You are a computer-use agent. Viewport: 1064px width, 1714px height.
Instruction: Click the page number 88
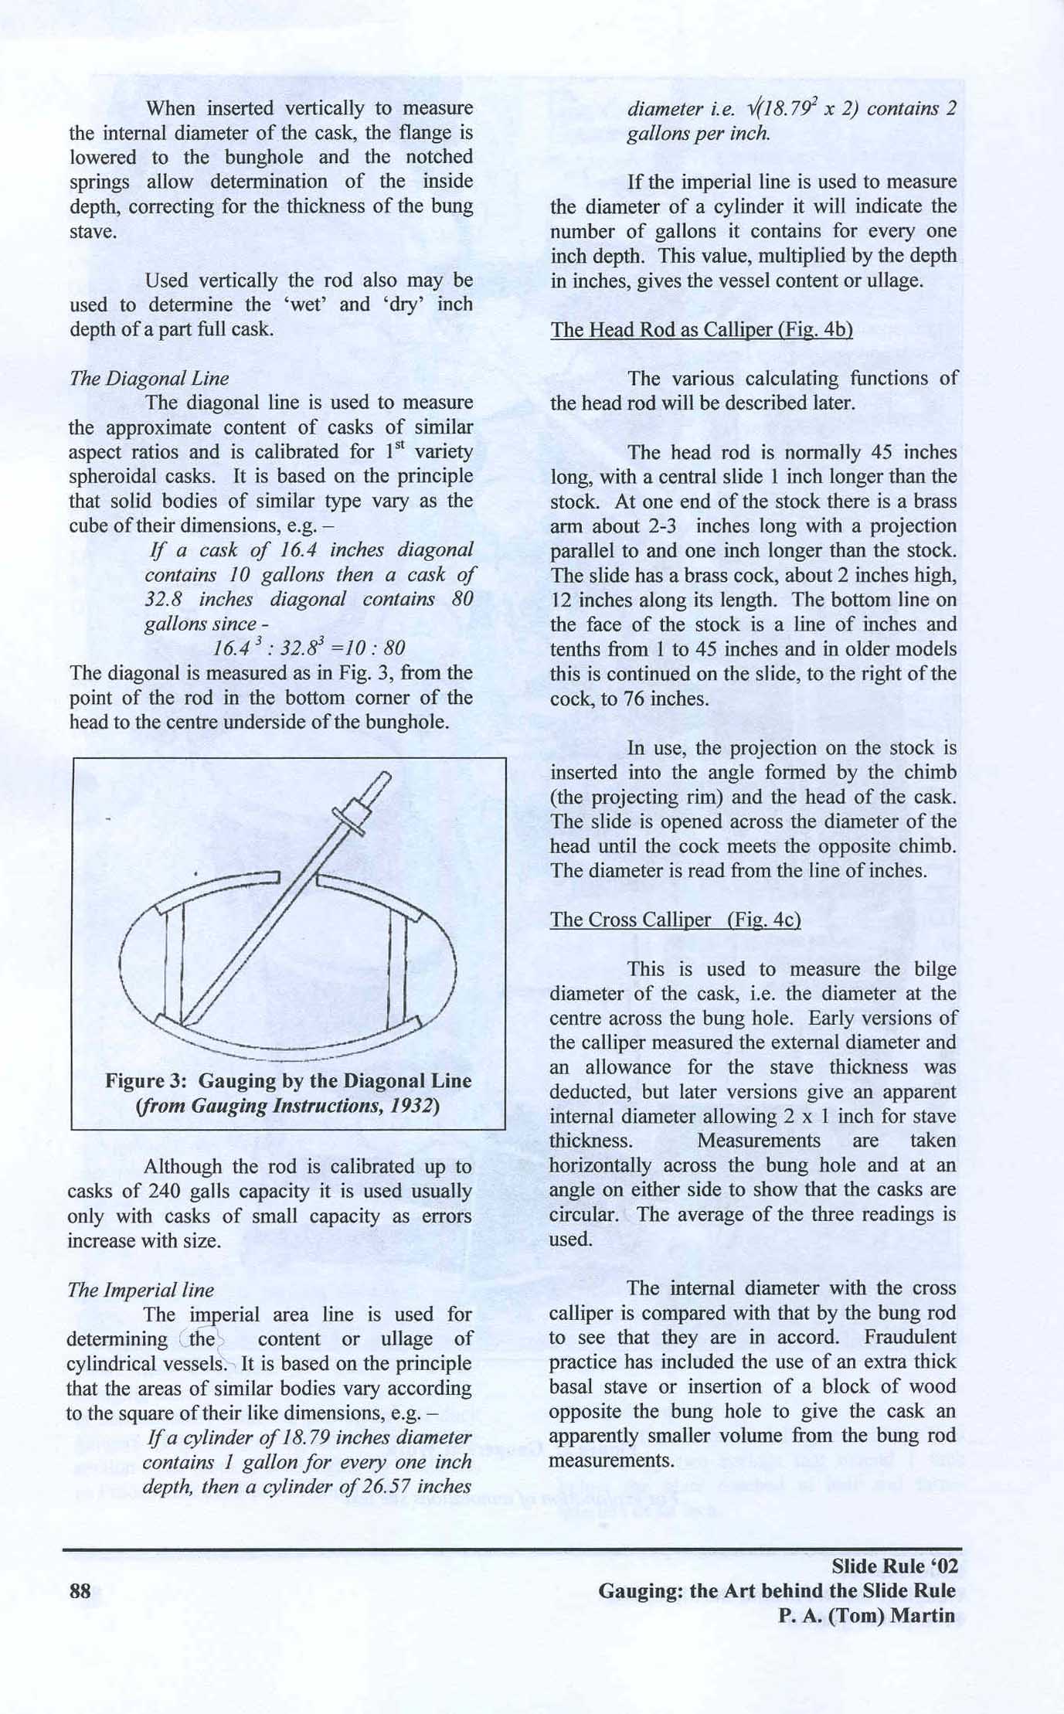[x=80, y=1591]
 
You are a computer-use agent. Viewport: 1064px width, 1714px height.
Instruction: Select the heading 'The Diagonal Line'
[x=149, y=378]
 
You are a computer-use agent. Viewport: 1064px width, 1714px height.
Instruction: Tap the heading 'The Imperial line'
[x=141, y=1290]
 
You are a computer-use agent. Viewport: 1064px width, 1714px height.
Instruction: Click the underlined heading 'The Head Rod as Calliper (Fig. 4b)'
[x=701, y=330]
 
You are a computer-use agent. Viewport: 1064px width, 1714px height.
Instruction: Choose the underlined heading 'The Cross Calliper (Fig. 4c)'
[x=675, y=920]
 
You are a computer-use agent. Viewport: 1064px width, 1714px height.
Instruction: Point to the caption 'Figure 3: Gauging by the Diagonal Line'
[x=288, y=1080]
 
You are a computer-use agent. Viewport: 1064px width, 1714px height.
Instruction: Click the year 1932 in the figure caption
[x=410, y=1106]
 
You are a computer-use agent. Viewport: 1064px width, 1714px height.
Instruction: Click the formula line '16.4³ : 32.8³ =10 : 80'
[x=308, y=648]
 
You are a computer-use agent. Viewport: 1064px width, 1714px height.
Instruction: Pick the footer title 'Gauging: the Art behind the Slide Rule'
[x=777, y=1591]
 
